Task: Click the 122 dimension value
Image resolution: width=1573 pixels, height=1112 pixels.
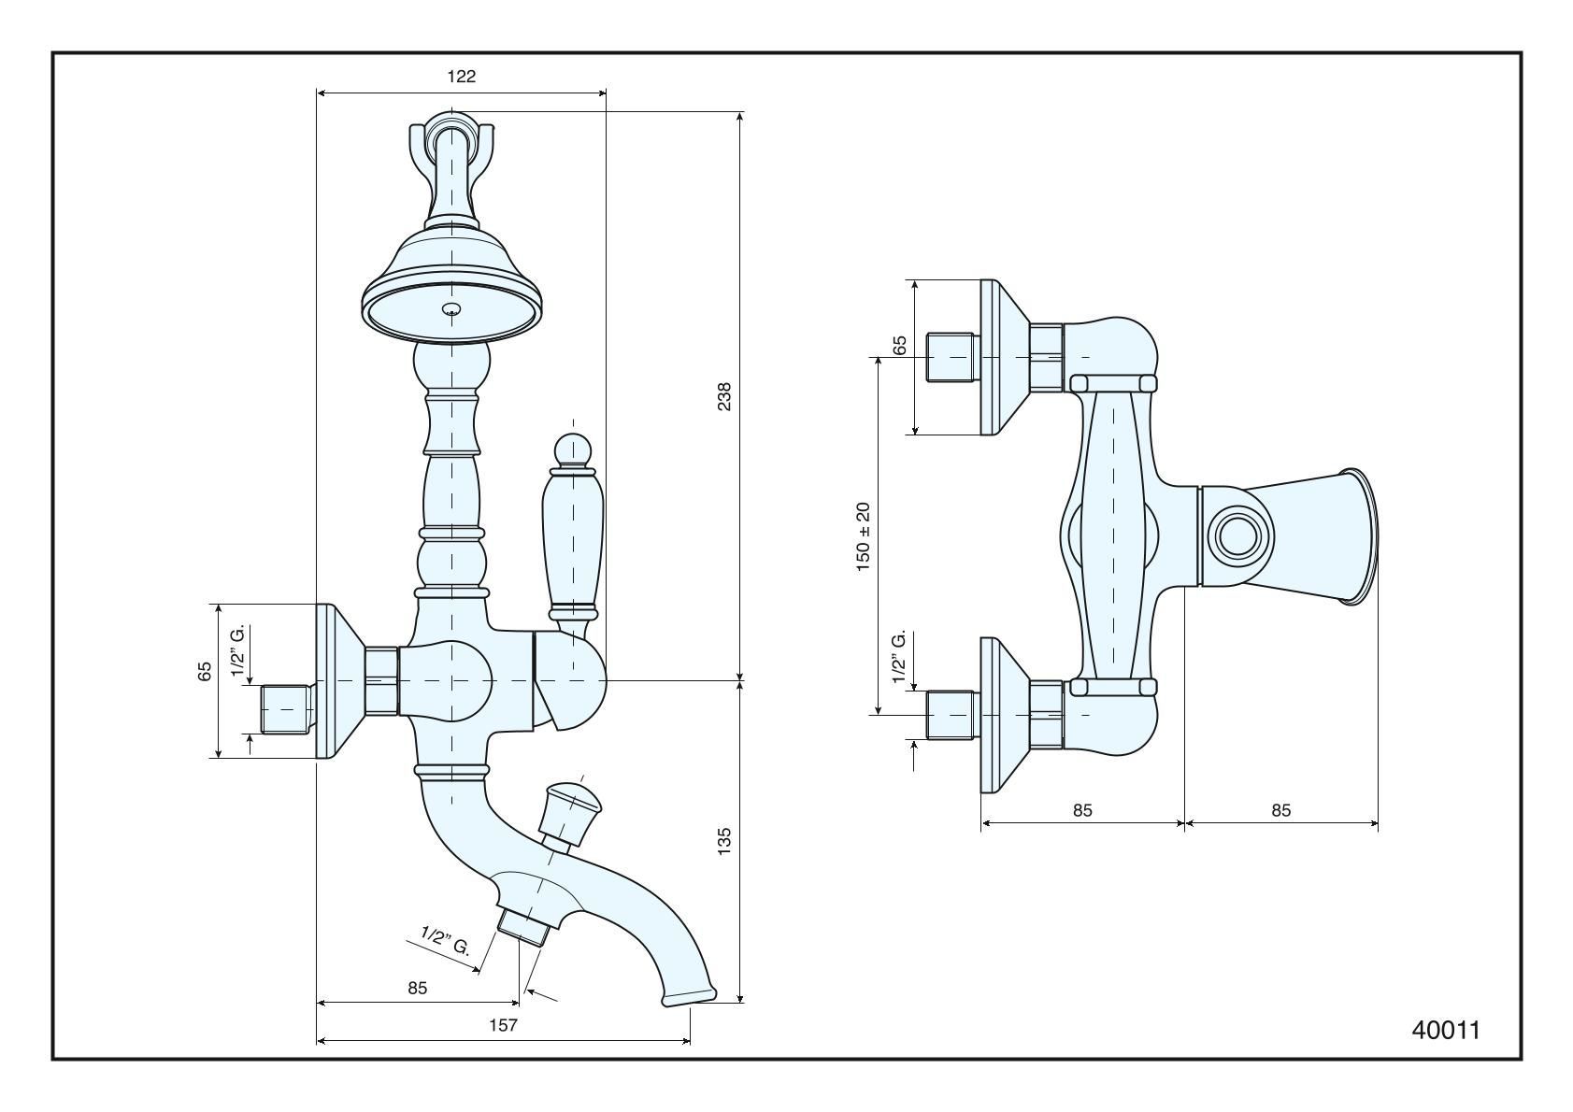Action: pyautogui.click(x=461, y=77)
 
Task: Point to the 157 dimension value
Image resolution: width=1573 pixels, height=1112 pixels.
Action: pyautogui.click(x=503, y=1025)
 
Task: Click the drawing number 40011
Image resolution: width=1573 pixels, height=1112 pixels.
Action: pyautogui.click(x=1445, y=1030)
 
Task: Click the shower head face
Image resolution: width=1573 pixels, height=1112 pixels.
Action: pyautogui.click(x=453, y=311)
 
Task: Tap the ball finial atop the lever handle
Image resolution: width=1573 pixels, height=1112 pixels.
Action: pyautogui.click(x=572, y=449)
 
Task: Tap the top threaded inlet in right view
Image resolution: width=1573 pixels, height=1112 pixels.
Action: pyautogui.click(x=951, y=357)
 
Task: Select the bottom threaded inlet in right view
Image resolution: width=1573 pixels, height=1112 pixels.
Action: pyautogui.click(x=951, y=715)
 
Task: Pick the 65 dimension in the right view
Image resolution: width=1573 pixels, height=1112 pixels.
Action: pyautogui.click(x=900, y=345)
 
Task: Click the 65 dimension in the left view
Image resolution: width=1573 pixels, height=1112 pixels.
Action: pyautogui.click(x=205, y=671)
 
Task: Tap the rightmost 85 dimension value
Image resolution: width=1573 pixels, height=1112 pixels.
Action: pyautogui.click(x=1280, y=810)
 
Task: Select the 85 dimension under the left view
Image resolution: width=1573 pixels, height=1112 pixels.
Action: pyautogui.click(x=417, y=988)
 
